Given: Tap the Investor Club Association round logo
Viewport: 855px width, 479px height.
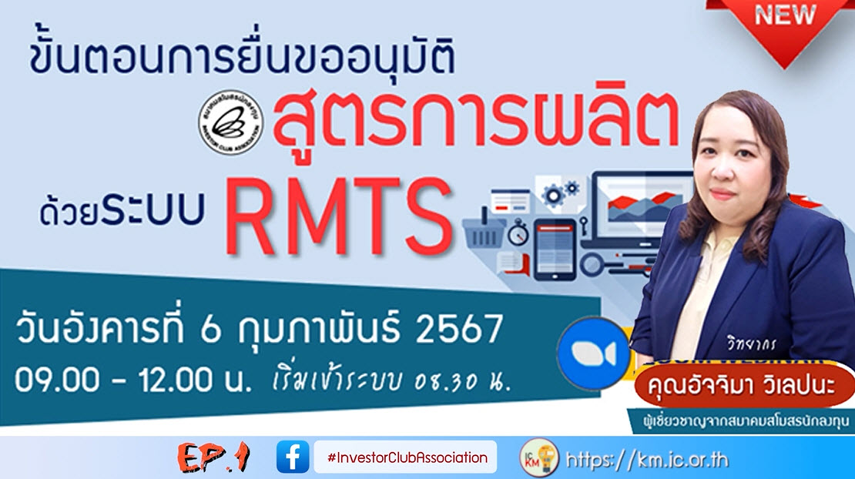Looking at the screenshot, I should pyautogui.click(x=231, y=122).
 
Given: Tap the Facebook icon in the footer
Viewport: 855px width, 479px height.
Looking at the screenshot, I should pyautogui.click(x=293, y=457).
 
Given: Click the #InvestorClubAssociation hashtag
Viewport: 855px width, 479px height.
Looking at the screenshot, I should pyautogui.click(x=407, y=457).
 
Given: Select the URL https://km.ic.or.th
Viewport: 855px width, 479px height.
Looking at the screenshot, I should pyautogui.click(x=646, y=460).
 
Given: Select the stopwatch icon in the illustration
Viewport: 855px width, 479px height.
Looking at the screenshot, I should pyautogui.click(x=518, y=232).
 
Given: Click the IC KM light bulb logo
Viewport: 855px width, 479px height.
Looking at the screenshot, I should pyautogui.click(x=539, y=457).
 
